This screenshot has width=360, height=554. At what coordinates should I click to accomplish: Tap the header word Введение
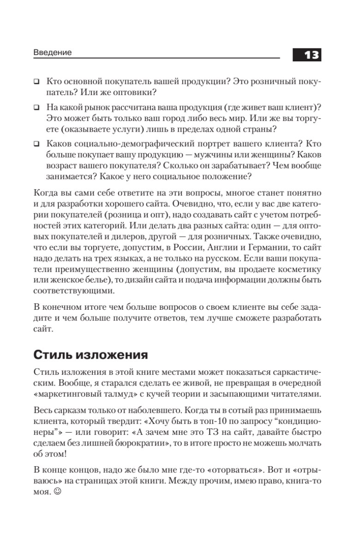pos(53,53)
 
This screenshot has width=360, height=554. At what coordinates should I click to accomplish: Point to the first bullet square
pos(36,82)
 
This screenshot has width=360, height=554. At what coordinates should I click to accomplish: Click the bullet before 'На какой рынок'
pos(36,108)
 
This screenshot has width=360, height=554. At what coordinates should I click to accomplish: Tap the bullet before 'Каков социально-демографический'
pos(36,144)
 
